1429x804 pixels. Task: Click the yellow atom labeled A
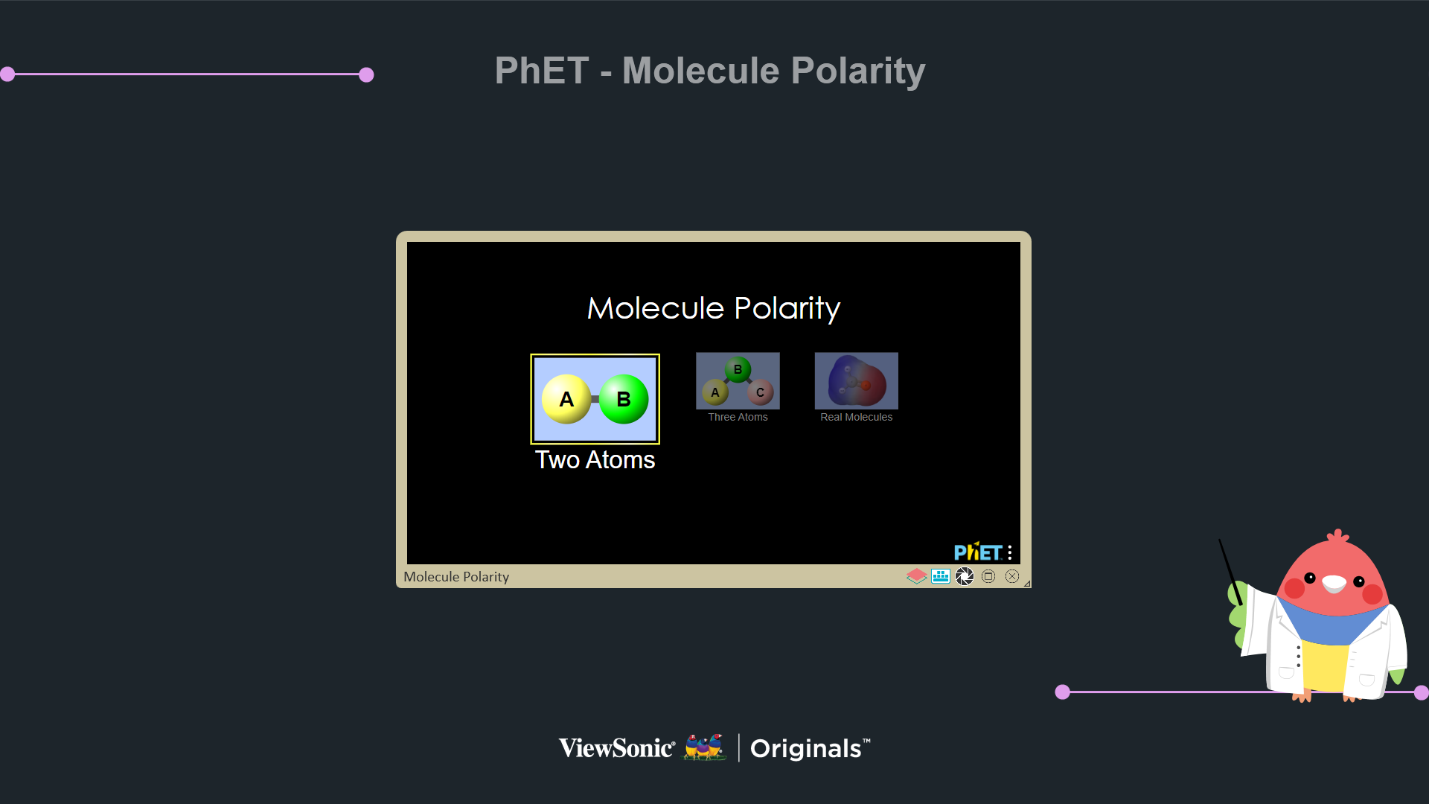click(x=566, y=399)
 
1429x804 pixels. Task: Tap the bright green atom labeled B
click(x=624, y=399)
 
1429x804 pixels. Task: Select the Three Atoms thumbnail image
click(x=738, y=380)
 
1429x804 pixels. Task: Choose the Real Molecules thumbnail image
click(x=857, y=380)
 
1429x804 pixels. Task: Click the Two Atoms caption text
click(x=595, y=460)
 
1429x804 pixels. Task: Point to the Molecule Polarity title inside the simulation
click(x=714, y=308)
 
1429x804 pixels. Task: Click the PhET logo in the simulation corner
click(x=978, y=552)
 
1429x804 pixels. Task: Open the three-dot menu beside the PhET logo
click(x=1010, y=552)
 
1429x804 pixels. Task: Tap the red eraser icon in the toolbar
click(x=917, y=576)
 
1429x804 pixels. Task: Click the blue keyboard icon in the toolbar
click(x=941, y=576)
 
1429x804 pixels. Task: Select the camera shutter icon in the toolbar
click(x=965, y=576)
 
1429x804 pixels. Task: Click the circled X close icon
click(x=1012, y=576)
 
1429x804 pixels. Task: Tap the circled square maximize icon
click(x=988, y=576)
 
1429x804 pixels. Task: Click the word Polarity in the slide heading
click(x=858, y=71)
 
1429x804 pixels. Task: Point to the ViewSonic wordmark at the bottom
click(x=617, y=748)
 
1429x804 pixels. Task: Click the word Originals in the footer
click(x=806, y=749)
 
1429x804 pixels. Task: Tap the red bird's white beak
click(x=1334, y=584)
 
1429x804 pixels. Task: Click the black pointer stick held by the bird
click(x=1230, y=572)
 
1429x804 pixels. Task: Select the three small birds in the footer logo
click(x=705, y=747)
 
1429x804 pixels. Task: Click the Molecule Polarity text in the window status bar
click(x=456, y=577)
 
